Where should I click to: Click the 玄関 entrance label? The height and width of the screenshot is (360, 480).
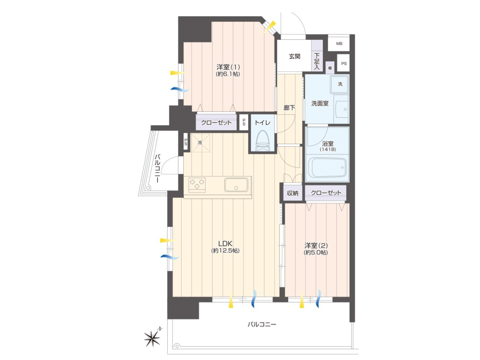tap(295, 56)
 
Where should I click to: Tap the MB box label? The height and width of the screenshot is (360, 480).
tap(339, 44)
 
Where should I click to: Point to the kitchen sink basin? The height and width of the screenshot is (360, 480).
tap(237, 185)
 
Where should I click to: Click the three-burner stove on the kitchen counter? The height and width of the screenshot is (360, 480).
tap(196, 185)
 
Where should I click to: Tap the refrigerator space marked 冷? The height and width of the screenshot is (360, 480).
tap(201, 143)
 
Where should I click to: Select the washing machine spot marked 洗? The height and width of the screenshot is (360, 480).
tap(339, 84)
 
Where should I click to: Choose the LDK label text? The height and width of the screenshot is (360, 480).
tap(225, 243)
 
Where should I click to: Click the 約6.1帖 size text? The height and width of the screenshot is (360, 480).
tap(228, 74)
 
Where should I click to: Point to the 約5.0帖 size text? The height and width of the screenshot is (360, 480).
tap(315, 253)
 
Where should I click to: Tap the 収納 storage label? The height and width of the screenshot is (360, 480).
tap(292, 193)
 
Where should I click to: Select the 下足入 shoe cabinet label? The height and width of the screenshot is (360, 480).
tap(317, 61)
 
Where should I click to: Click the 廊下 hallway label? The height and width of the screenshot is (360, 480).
tap(289, 108)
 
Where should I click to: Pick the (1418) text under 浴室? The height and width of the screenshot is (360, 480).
tap(328, 149)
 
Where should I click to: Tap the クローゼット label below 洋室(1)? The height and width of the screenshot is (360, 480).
tap(216, 123)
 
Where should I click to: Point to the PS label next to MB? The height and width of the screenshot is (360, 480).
tap(344, 64)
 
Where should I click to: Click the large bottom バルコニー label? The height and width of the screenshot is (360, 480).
tap(262, 324)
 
